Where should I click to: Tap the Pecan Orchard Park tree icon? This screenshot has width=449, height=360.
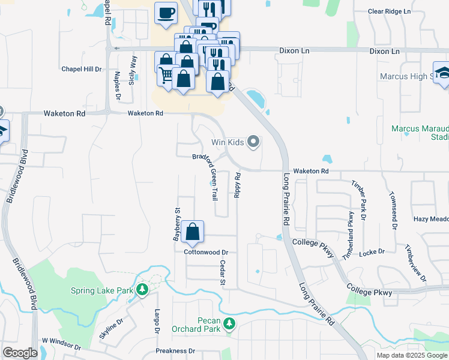229,324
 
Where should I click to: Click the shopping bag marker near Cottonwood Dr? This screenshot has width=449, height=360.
192,232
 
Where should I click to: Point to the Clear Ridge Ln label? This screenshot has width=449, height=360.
389,11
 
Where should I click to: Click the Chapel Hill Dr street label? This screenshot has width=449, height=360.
82,69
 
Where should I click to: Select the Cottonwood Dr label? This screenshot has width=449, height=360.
206,253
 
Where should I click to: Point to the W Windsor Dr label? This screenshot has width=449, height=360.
61,344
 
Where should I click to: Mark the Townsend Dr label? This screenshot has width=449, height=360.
394,211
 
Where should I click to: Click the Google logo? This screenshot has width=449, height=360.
20,353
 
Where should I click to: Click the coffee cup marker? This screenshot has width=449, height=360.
166,12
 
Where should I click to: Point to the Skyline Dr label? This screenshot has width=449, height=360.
111,329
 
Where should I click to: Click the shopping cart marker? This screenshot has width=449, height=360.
166,75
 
